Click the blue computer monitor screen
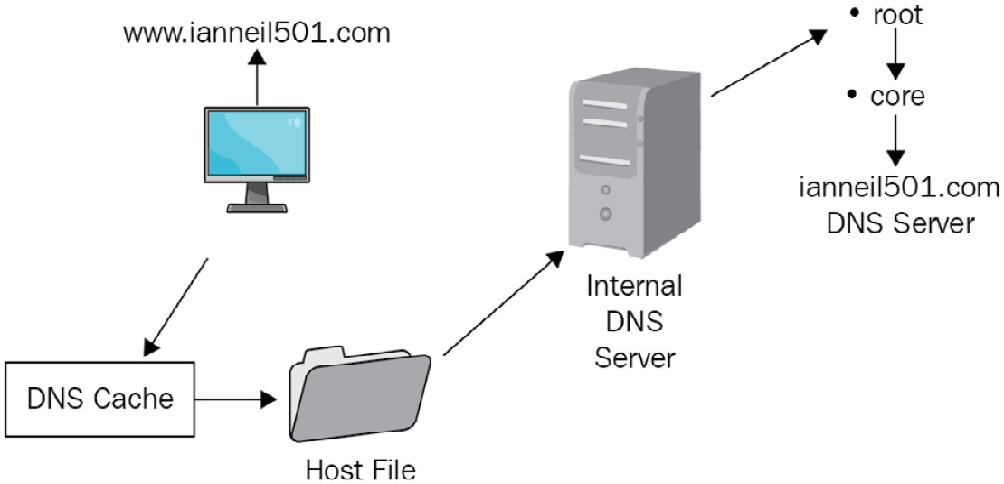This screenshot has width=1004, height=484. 258,143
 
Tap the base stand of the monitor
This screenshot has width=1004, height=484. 258,207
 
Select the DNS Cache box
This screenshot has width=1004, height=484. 99,399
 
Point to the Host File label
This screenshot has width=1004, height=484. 361,470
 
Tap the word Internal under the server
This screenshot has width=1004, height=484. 634,286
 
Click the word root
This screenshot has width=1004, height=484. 897,14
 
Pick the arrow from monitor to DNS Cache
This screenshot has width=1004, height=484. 175,308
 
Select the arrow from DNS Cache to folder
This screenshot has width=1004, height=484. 236,400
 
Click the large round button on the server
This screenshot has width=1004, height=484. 605,214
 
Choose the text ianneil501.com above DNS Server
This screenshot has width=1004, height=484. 900,189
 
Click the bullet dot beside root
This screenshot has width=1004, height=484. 854,14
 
